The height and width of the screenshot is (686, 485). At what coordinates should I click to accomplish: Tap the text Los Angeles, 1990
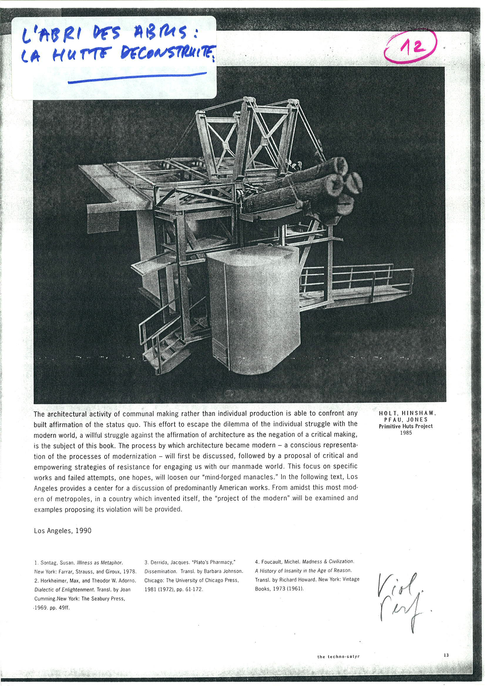coord(63,531)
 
